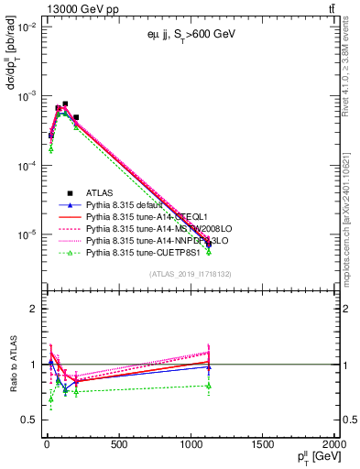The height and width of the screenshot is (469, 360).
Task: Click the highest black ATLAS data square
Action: tap(65, 104)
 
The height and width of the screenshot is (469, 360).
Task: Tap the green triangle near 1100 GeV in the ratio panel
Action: tap(209, 386)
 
